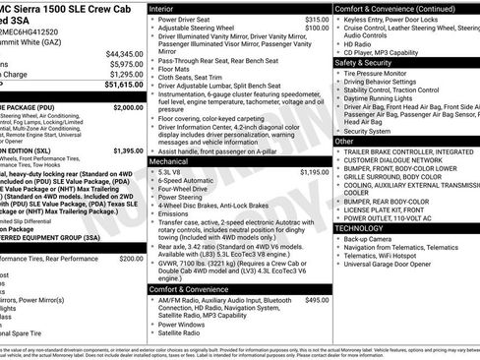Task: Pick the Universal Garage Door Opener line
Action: (x=390, y=264)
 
